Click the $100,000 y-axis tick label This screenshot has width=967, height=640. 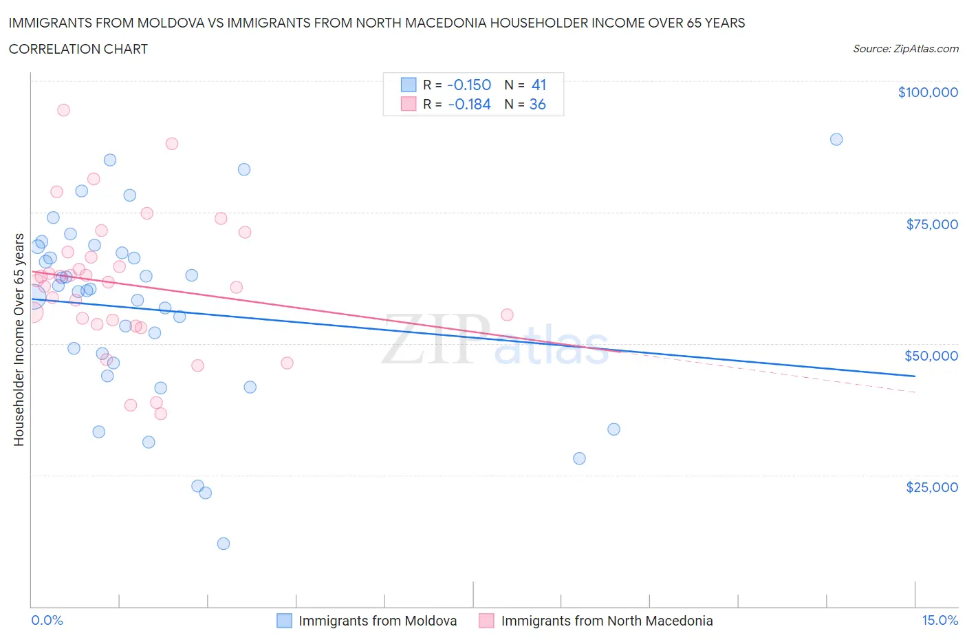927,92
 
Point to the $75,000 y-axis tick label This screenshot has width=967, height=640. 931,224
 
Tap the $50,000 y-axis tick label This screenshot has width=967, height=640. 931,356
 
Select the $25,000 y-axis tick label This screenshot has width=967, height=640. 931,487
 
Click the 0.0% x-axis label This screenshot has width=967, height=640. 47,620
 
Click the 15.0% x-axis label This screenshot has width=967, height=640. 939,620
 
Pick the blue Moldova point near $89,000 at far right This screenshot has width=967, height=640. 836,139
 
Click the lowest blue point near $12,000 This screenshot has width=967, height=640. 223,544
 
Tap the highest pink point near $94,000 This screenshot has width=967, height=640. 63,110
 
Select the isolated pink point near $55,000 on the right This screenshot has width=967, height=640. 507,314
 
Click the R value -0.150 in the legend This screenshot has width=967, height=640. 468,85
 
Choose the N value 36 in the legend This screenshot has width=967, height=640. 537,105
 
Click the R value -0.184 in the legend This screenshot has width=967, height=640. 468,105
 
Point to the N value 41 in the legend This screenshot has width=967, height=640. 539,85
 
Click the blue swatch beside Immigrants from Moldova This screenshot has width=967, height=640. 284,621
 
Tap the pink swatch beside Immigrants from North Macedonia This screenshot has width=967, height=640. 486,621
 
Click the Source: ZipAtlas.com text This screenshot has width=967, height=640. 905,49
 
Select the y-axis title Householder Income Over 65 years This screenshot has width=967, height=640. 19,339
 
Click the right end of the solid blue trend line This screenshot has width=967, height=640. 915,376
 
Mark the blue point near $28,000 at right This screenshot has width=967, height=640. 579,458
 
